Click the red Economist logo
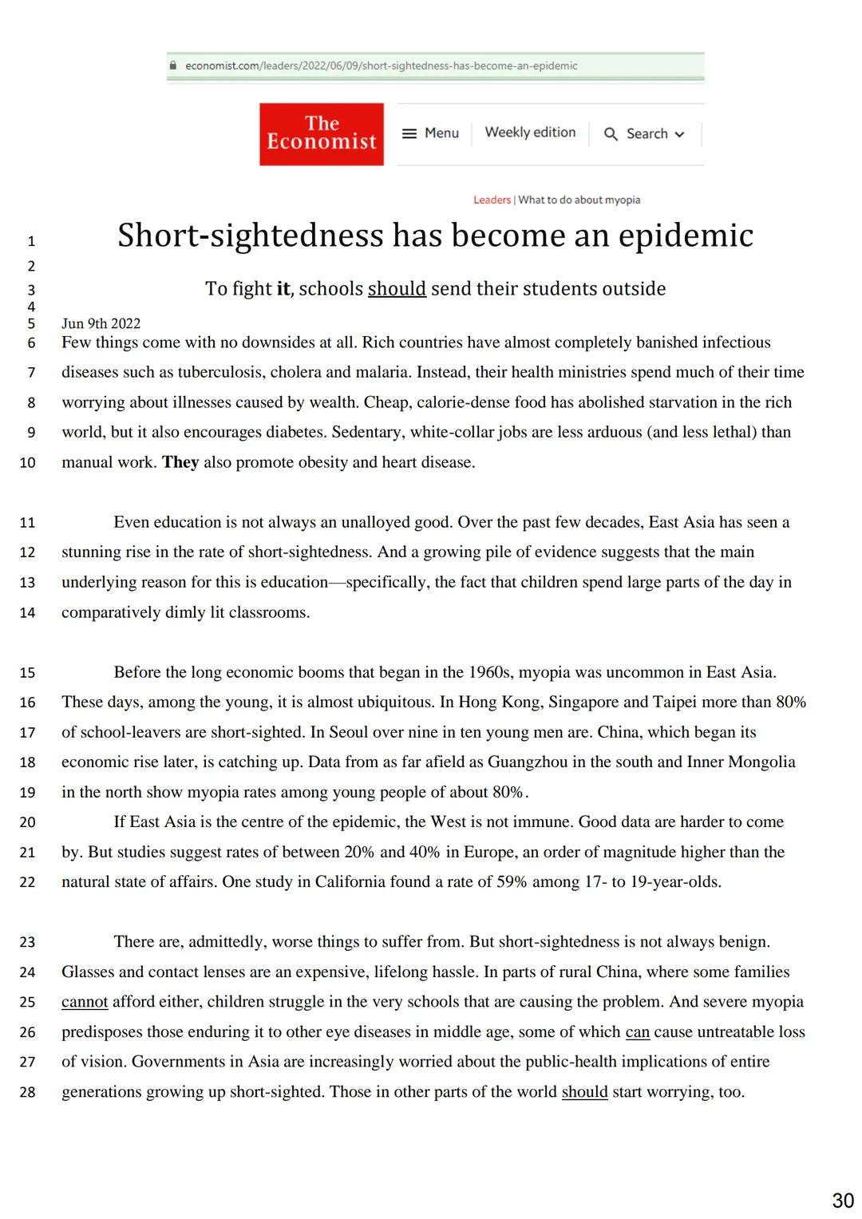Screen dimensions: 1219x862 (321, 134)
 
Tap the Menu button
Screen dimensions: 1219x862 (431, 133)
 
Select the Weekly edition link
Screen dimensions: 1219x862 (530, 133)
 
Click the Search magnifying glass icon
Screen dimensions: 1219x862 (611, 134)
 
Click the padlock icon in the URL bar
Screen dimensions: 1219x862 (172, 66)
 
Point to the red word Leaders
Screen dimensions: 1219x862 (492, 200)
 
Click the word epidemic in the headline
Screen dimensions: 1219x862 (686, 235)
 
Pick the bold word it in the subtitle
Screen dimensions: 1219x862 (283, 289)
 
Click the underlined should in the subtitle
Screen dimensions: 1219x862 (397, 289)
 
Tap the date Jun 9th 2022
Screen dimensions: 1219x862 (101, 323)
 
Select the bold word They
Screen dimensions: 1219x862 (180, 462)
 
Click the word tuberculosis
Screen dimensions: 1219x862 (220, 372)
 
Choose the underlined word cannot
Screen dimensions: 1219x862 (85, 1002)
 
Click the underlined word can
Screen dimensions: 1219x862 (637, 1032)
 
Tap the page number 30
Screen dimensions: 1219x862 (843, 1201)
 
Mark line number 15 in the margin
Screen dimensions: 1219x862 (27, 673)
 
